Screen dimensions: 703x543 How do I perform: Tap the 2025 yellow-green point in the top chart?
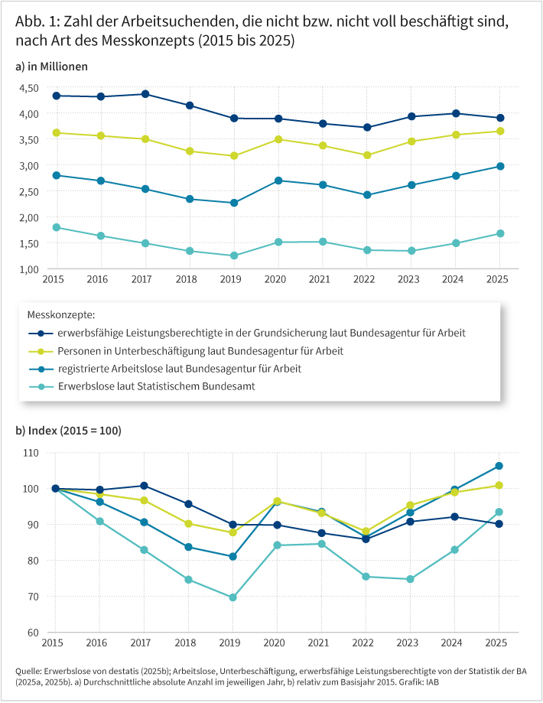500,131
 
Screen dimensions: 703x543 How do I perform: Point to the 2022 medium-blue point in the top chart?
367,195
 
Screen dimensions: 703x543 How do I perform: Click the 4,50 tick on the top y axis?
29,88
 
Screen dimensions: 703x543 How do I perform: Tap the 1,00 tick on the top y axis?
29,269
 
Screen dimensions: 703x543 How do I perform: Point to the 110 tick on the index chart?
31,453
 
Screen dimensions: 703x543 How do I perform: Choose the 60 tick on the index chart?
33,633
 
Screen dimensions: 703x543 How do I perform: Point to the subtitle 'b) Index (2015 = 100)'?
68,431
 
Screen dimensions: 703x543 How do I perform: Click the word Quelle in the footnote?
28,671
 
